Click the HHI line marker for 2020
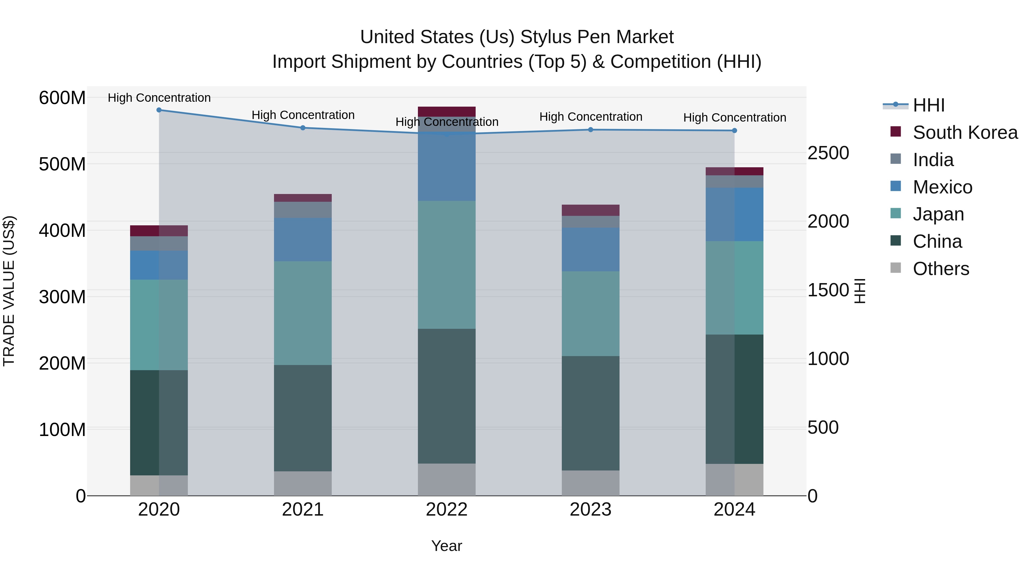(x=159, y=110)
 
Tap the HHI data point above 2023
(x=591, y=130)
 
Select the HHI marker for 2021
(x=303, y=128)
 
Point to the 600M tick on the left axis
(x=62, y=98)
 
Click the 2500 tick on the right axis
(x=828, y=153)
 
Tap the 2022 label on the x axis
(x=446, y=510)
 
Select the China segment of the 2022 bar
(x=446, y=396)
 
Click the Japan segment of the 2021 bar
(x=303, y=313)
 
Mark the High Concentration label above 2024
(x=734, y=118)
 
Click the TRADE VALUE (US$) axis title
(x=9, y=291)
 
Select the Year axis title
(x=446, y=546)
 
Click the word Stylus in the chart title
(x=543, y=37)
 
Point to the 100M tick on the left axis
(x=62, y=430)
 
